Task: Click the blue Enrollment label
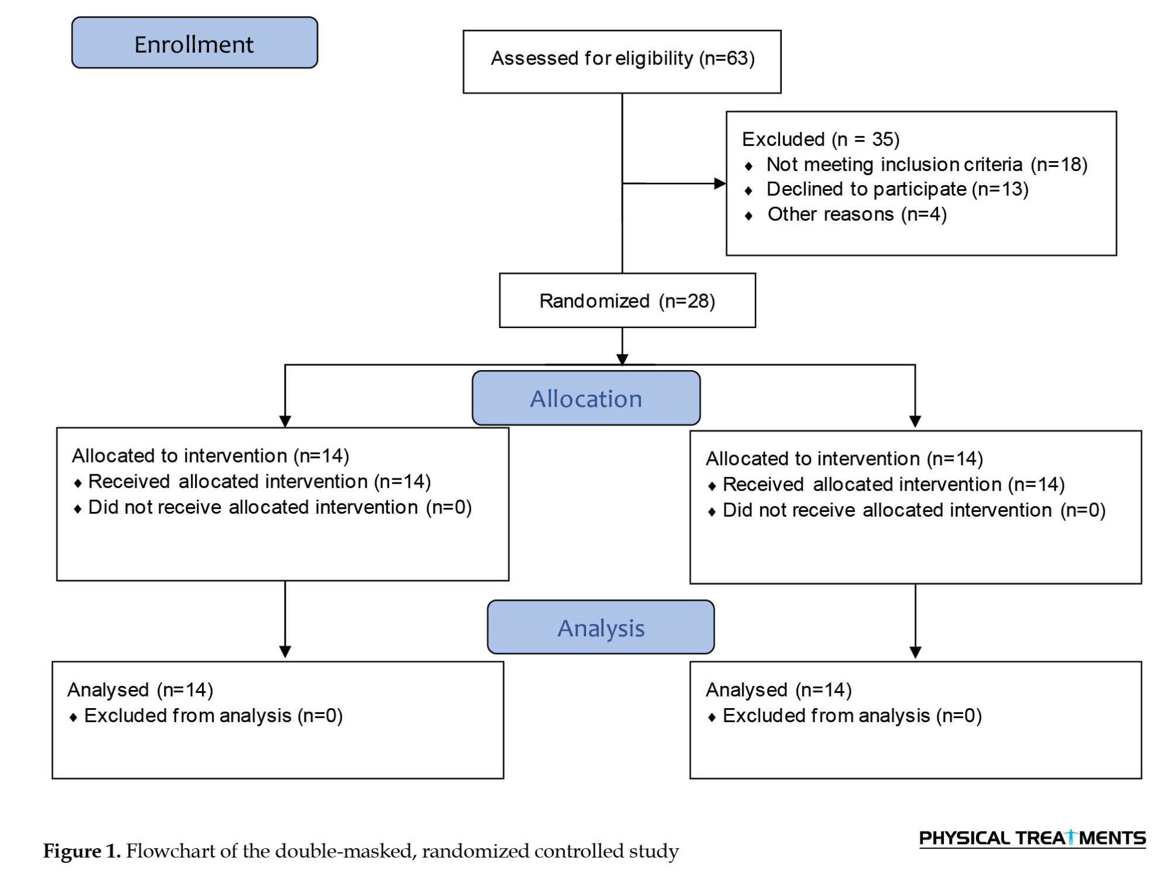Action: (194, 43)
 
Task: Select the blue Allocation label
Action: (586, 398)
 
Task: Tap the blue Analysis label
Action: (601, 627)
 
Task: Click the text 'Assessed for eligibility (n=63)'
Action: (622, 59)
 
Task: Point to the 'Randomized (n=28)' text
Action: (627, 301)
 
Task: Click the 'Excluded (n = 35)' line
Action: (821, 139)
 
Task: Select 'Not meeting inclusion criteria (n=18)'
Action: (927, 165)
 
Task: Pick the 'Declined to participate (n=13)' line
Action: (898, 189)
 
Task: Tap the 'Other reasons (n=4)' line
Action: (857, 214)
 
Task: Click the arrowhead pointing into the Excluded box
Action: (720, 183)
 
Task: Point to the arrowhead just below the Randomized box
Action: (622, 359)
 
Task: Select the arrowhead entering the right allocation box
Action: (915, 422)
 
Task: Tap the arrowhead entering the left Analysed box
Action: (285, 652)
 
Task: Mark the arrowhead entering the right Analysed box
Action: (915, 652)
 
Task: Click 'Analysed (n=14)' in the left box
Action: (141, 690)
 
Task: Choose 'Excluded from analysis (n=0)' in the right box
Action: (852, 716)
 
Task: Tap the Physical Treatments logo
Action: (1032, 838)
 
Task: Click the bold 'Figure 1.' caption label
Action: (82, 851)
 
